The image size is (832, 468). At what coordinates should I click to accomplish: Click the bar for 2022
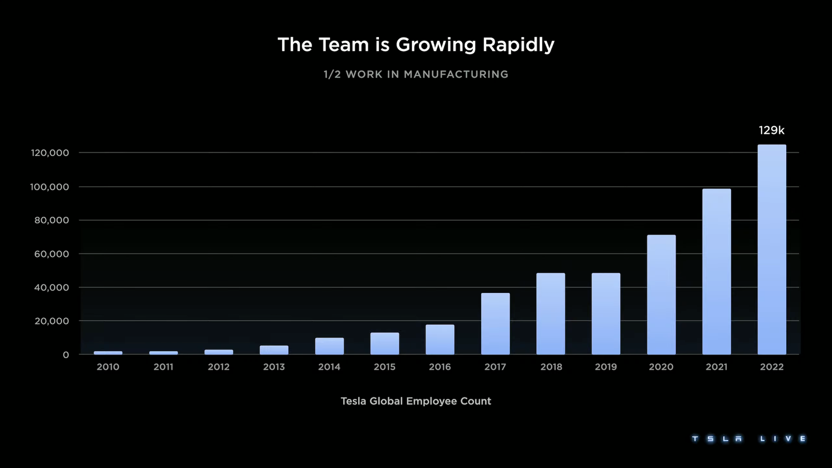click(x=772, y=250)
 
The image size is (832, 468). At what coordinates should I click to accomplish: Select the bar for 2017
click(x=495, y=324)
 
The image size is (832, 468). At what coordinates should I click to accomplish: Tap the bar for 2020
click(x=661, y=295)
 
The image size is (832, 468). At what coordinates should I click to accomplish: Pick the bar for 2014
click(x=329, y=346)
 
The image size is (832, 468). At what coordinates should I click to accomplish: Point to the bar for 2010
click(x=108, y=353)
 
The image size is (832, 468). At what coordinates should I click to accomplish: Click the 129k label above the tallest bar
click(x=771, y=131)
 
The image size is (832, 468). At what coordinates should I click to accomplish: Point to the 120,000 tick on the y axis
click(x=50, y=153)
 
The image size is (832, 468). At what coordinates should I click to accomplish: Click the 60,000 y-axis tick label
click(x=52, y=254)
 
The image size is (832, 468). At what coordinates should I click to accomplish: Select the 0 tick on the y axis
click(x=66, y=355)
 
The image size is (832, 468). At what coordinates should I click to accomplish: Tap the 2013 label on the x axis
click(x=274, y=367)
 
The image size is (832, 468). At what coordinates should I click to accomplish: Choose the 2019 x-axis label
click(x=606, y=367)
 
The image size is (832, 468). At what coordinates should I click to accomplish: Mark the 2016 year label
click(x=440, y=367)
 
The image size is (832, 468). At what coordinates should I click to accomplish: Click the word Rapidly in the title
click(x=518, y=45)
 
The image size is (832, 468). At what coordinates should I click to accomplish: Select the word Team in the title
click(x=344, y=45)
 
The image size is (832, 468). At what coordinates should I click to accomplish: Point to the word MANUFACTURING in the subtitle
click(x=456, y=74)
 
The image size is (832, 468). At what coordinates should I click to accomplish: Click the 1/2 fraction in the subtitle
click(x=332, y=74)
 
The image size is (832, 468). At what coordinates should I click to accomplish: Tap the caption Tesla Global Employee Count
click(x=416, y=401)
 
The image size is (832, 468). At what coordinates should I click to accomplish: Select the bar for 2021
click(x=716, y=272)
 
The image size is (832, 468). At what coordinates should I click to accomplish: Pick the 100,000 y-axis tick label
click(x=50, y=187)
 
